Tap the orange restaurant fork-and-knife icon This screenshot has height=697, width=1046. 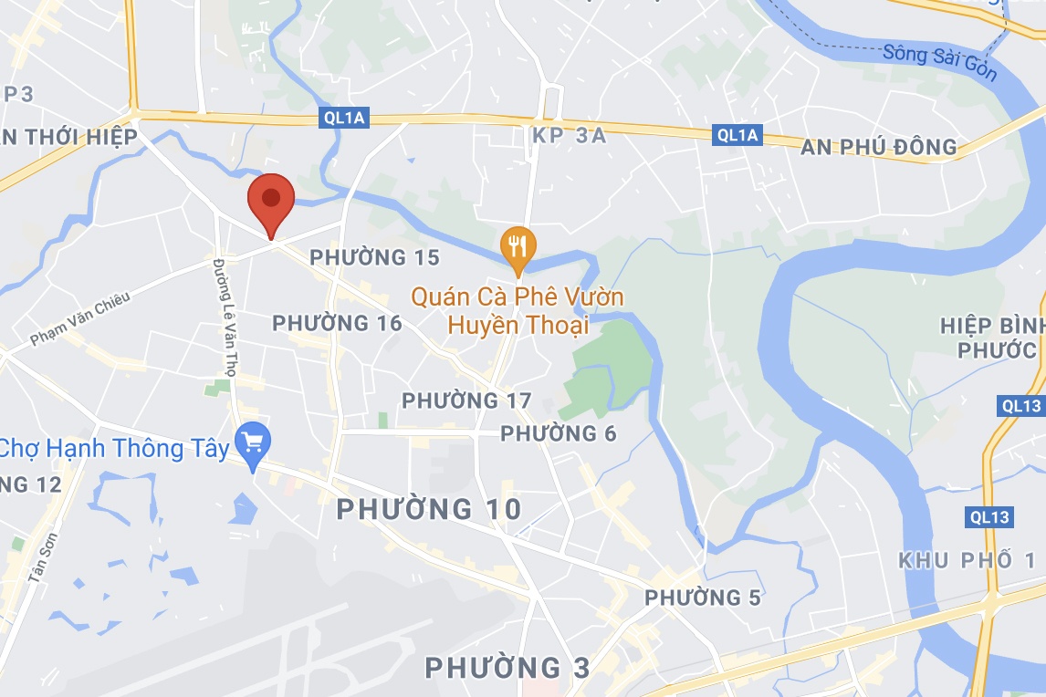coord(518,246)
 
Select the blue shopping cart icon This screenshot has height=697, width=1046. coord(252,444)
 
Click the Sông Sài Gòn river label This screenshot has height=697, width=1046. coord(939,62)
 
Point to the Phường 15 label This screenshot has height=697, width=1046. coord(374,258)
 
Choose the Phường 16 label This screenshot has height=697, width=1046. coord(337,323)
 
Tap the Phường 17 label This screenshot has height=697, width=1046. coord(466,401)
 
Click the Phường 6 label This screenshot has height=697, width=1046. coord(559,433)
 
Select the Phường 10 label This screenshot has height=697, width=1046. coord(429,509)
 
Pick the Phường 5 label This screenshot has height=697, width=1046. coord(703,598)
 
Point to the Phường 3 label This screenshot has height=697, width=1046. coord(507,668)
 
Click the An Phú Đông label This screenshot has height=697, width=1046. coord(879,147)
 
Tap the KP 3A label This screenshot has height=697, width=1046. coord(568,136)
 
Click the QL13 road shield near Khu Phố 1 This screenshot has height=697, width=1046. coord(990,518)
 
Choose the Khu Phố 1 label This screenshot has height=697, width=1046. coord(968,560)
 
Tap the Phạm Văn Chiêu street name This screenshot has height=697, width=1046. coord(80,318)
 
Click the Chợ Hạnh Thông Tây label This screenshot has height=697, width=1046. coord(115,449)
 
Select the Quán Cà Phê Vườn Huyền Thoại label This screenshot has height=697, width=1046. coord(518,311)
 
